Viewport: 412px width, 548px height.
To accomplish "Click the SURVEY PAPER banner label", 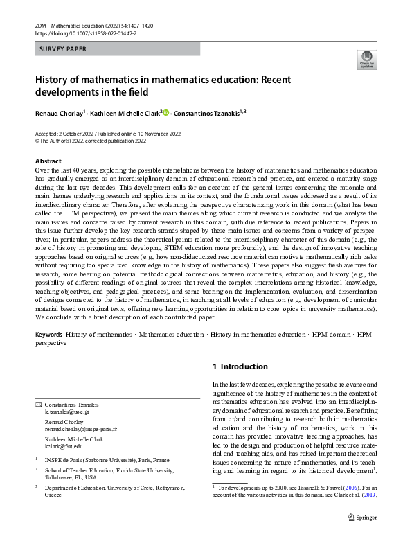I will (x=63, y=50).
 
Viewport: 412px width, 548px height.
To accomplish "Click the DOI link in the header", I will (x=85, y=33).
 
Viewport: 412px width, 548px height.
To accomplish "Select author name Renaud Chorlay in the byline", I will (x=59, y=112).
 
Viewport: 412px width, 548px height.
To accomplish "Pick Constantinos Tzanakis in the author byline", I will (x=207, y=112).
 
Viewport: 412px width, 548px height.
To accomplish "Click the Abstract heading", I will (x=48, y=161).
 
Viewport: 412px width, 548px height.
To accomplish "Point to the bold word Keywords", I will (x=49, y=335).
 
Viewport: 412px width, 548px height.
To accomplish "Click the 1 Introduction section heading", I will (x=240, y=366).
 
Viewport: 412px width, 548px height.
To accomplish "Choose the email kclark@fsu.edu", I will (x=63, y=447).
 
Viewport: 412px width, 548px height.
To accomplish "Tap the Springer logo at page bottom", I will (x=361, y=536).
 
